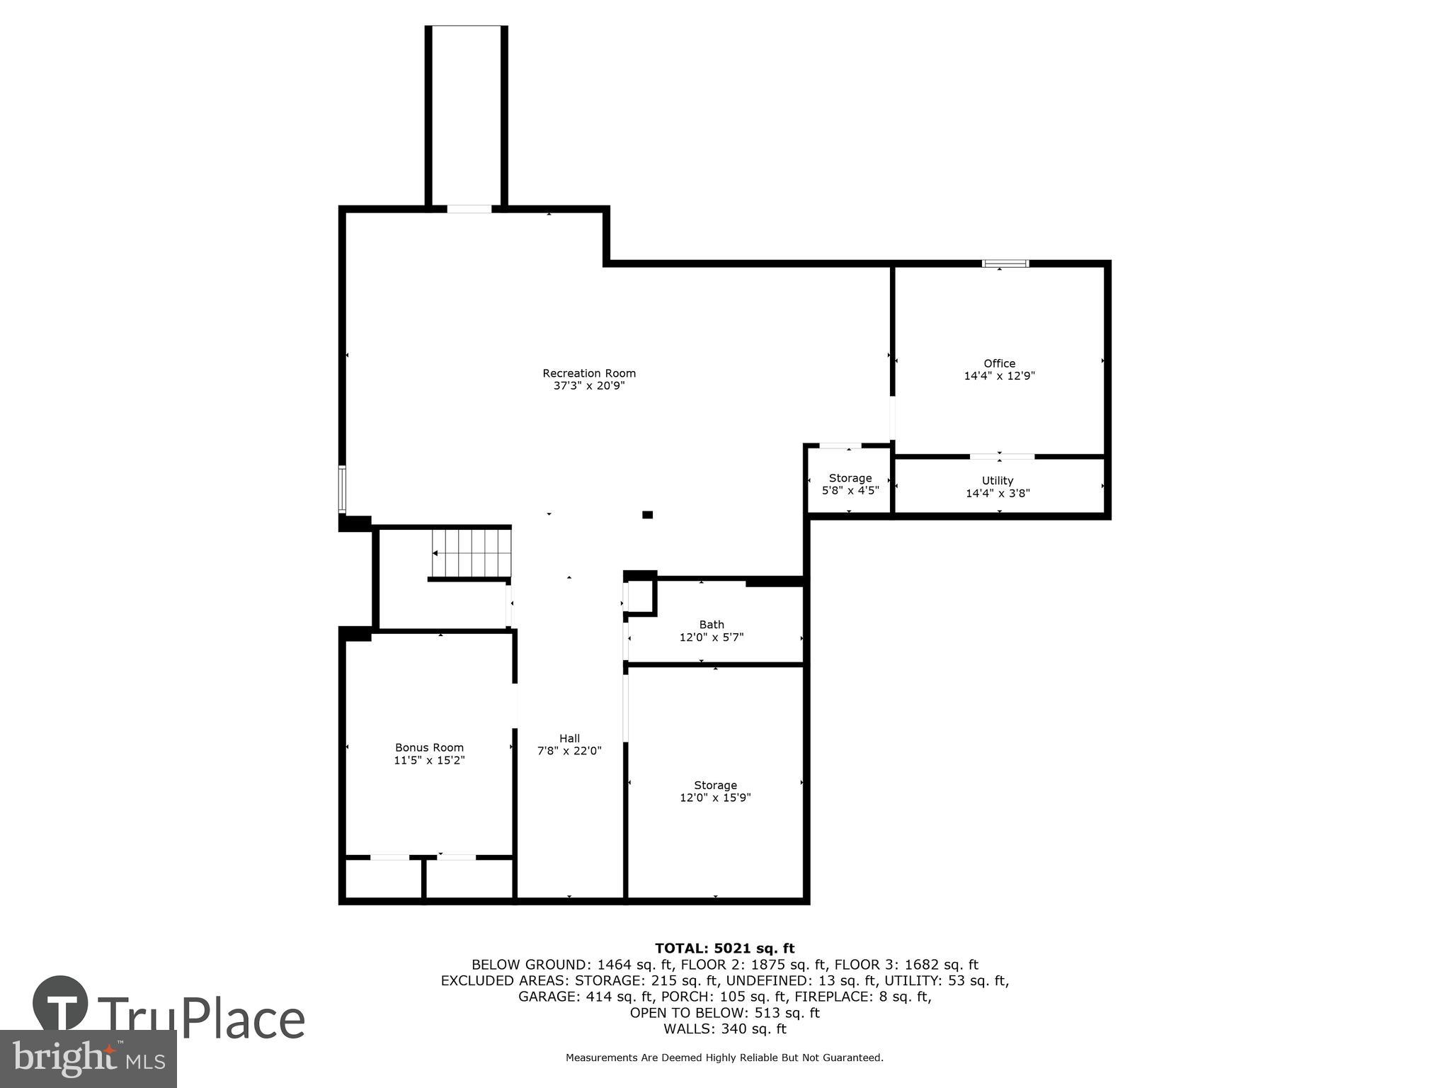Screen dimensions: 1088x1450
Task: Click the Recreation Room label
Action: point(589,373)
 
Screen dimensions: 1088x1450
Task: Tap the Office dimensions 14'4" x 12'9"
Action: point(999,376)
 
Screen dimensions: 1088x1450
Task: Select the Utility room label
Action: point(998,481)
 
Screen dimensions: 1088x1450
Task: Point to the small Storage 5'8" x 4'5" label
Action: point(850,484)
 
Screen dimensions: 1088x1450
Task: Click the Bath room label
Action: point(712,625)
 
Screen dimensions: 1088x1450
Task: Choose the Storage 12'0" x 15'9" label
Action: point(715,791)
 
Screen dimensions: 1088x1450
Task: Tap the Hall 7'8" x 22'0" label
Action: point(569,744)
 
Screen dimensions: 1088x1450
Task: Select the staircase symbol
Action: point(472,553)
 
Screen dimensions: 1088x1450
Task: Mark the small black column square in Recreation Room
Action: point(647,515)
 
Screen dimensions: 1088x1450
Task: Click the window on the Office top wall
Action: point(1005,263)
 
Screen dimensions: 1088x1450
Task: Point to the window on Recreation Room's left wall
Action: point(342,489)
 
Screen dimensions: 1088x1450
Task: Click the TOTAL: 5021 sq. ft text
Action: point(724,948)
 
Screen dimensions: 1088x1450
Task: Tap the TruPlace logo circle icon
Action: point(61,1003)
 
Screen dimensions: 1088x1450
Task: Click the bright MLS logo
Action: point(88,1058)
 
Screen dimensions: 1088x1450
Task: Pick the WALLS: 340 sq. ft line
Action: point(724,1028)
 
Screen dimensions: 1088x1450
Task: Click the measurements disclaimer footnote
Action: point(724,1058)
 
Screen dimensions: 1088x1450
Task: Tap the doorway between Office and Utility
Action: point(1002,456)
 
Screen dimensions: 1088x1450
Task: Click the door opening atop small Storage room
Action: point(840,446)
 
